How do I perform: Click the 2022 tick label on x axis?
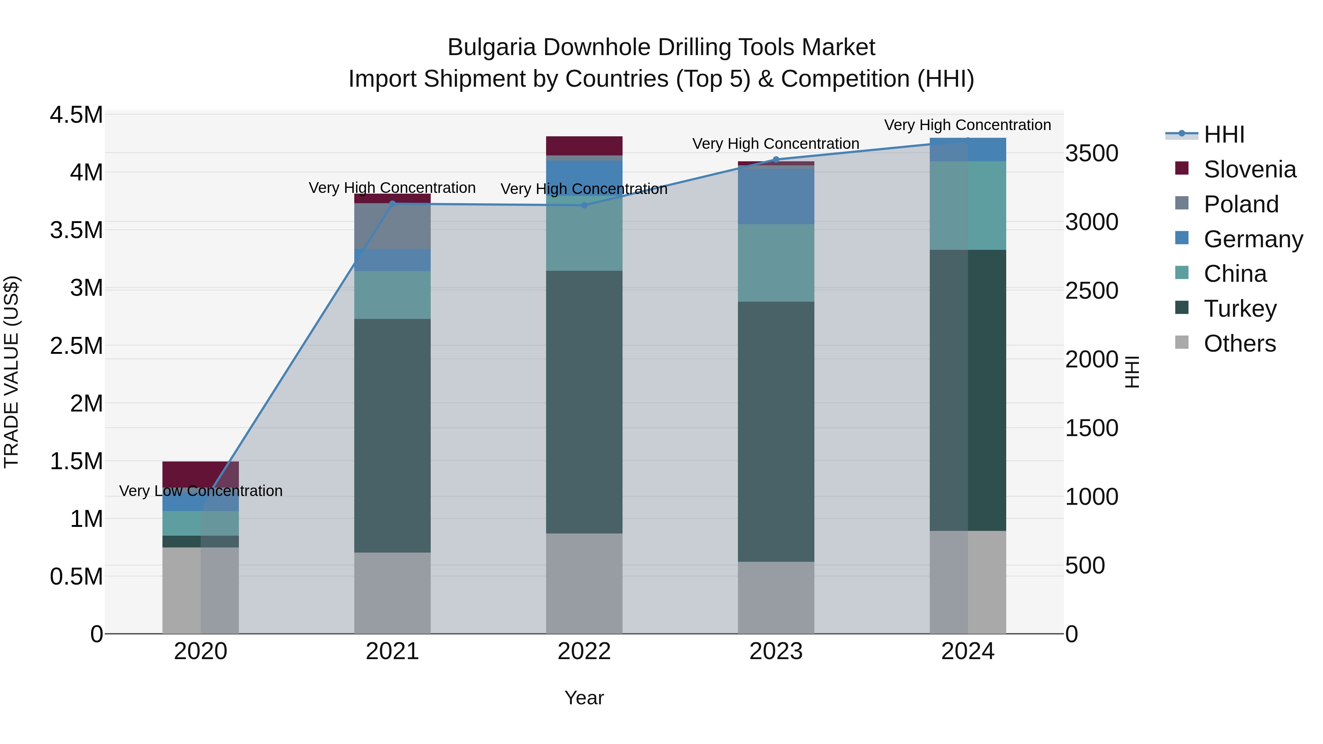[584, 651]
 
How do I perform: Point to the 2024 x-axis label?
[968, 651]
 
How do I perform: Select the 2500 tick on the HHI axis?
[1091, 291]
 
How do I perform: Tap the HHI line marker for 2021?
[392, 204]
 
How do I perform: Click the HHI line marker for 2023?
[776, 160]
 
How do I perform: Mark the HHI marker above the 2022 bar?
[584, 205]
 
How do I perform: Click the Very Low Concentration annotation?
[201, 491]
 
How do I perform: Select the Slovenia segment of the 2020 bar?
[201, 474]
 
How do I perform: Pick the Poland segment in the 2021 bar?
[392, 226]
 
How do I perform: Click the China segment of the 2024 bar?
[968, 205]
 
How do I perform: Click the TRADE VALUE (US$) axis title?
[11, 372]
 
